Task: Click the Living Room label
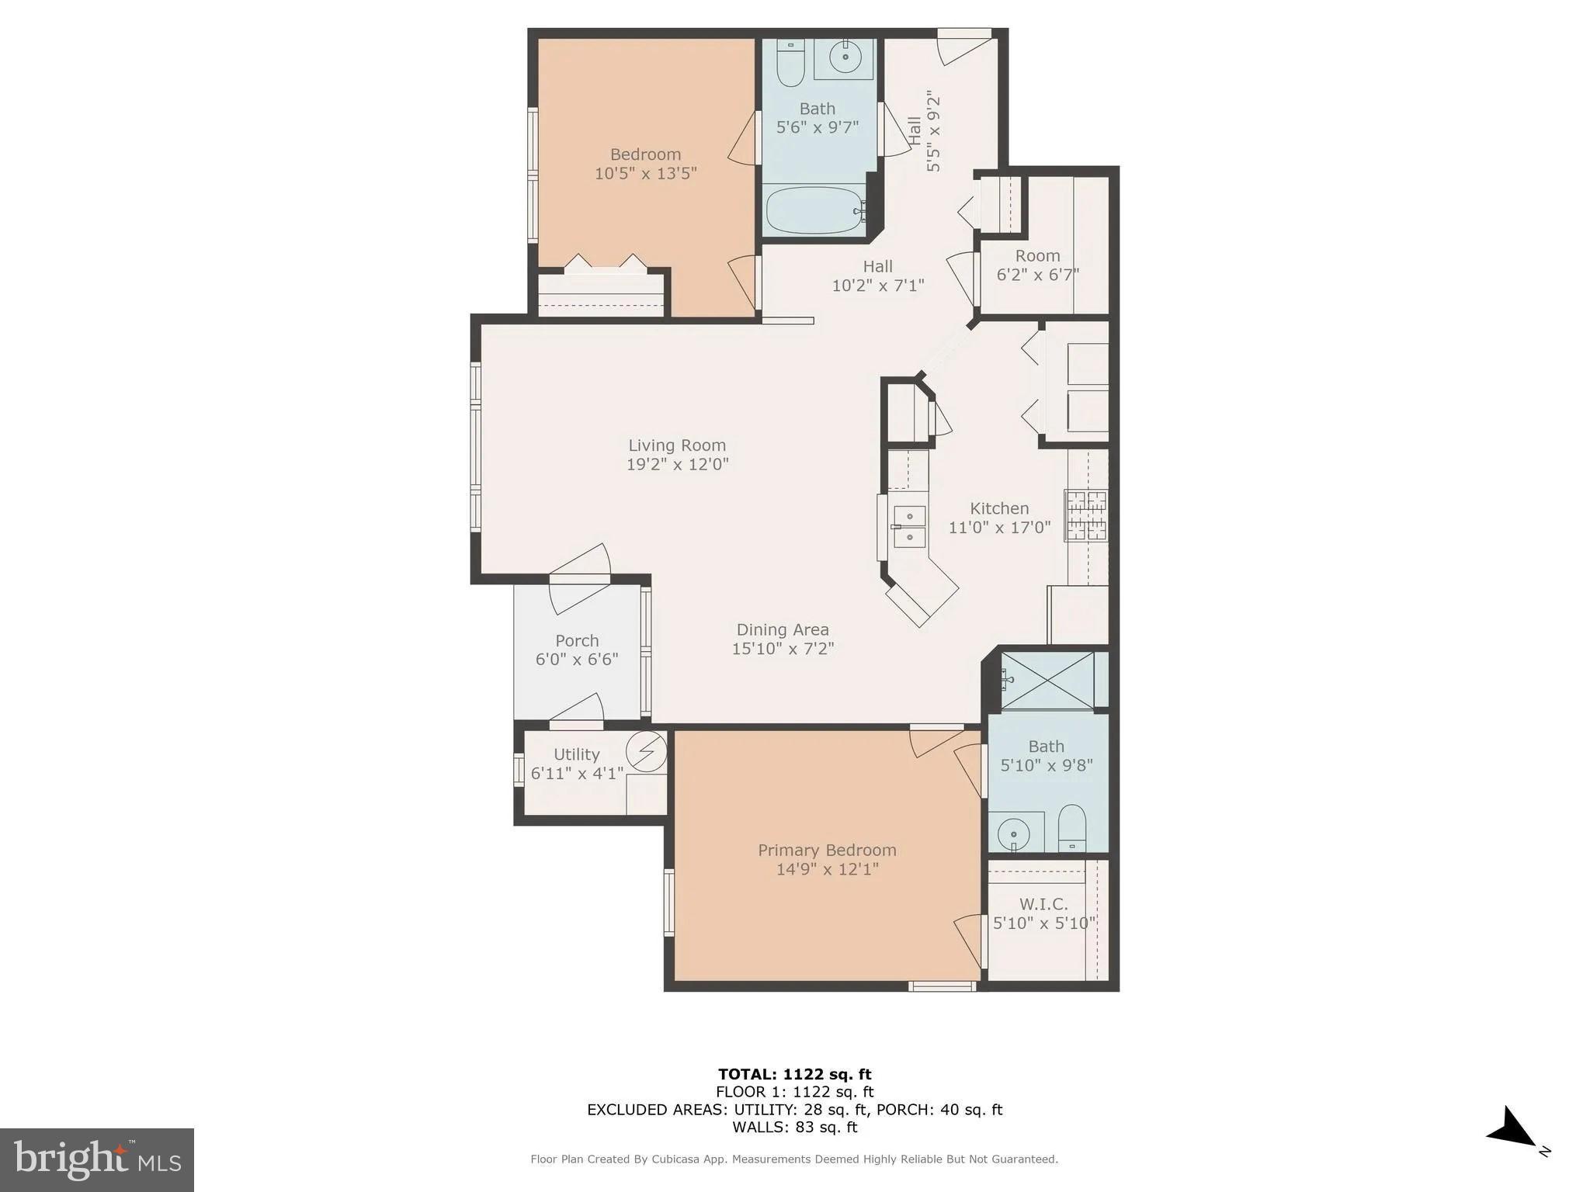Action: click(x=677, y=445)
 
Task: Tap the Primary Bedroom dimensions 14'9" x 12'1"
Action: click(x=827, y=869)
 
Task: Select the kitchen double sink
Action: click(x=909, y=526)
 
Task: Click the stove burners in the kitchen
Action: click(x=1086, y=515)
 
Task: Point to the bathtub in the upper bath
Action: click(x=815, y=210)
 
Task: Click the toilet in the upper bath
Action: click(x=790, y=64)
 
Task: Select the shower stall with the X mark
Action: click(x=1047, y=681)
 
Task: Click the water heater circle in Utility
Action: click(x=646, y=750)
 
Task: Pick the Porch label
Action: click(x=577, y=641)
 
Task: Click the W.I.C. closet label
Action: click(x=1043, y=904)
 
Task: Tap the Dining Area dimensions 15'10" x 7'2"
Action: click(x=783, y=649)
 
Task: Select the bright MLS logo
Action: click(x=97, y=1159)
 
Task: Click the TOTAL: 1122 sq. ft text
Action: click(x=794, y=1074)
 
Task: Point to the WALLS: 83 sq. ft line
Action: click(x=794, y=1127)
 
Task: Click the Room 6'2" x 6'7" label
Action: click(x=1037, y=265)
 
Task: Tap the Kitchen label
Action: click(x=999, y=508)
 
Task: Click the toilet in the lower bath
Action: click(x=1072, y=829)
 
